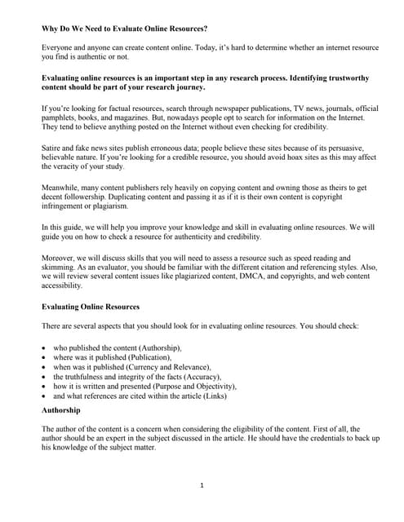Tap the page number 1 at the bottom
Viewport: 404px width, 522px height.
click(x=201, y=485)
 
